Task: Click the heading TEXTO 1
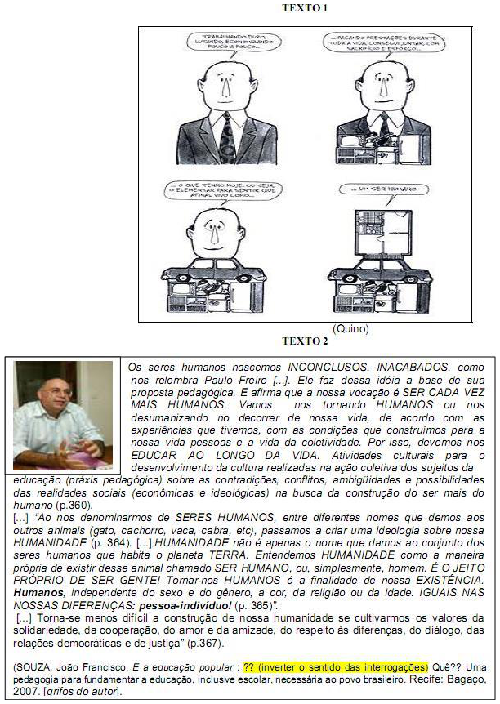pos(304,8)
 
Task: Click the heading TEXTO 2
pos(304,341)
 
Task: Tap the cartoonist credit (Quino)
pos(351,329)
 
